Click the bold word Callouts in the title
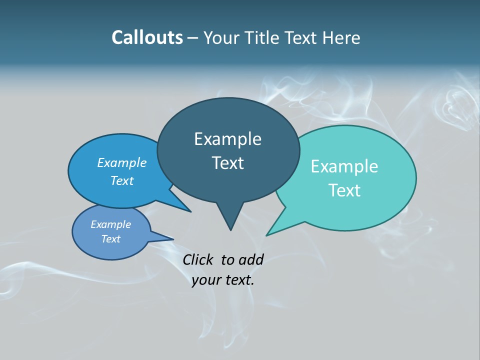[147, 38]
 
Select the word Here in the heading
[341, 38]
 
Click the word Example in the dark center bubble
[227, 139]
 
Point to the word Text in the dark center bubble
[227, 163]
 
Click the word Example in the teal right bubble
[344, 166]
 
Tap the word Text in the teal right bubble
[344, 190]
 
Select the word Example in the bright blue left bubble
[122, 162]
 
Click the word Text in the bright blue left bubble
[122, 180]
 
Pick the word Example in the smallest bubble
[111, 224]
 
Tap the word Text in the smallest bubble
[111, 239]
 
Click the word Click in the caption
[198, 259]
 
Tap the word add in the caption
[250, 259]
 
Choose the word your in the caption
[205, 280]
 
